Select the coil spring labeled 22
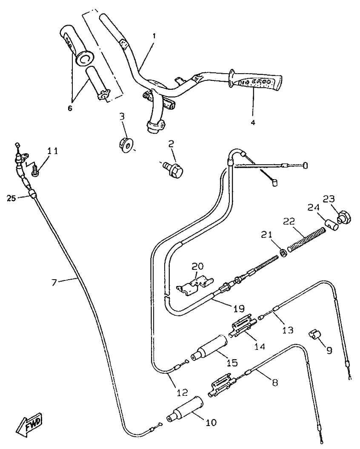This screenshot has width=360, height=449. [x=306, y=240]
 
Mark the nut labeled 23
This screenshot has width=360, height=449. [x=343, y=217]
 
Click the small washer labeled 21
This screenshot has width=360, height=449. [x=283, y=253]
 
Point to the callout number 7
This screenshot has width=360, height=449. [x=54, y=282]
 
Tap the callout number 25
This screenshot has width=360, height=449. [x=11, y=198]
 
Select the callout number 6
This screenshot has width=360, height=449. [x=70, y=108]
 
